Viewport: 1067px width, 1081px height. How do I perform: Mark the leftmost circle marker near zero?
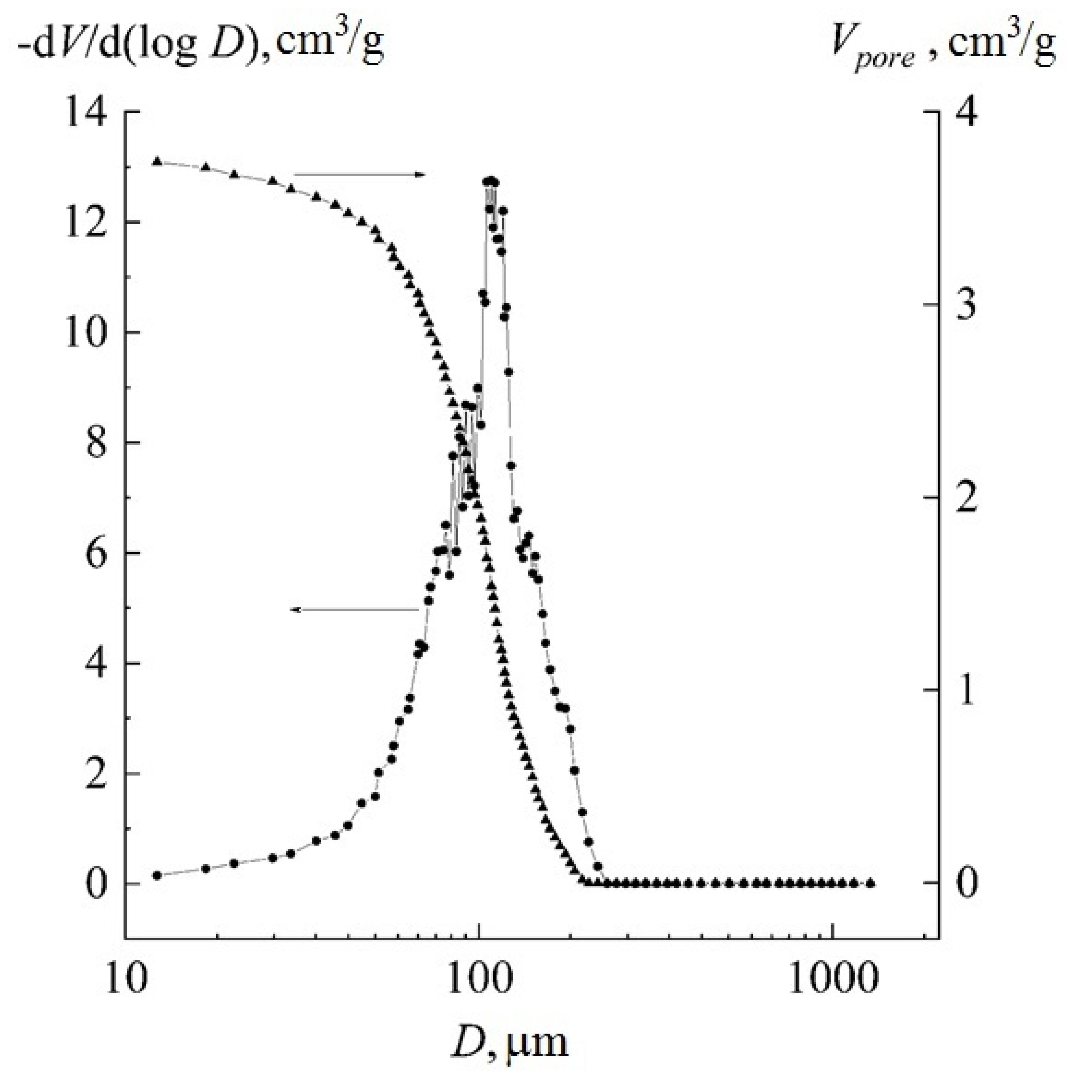157,875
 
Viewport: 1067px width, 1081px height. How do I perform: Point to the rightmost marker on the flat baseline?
870,883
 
